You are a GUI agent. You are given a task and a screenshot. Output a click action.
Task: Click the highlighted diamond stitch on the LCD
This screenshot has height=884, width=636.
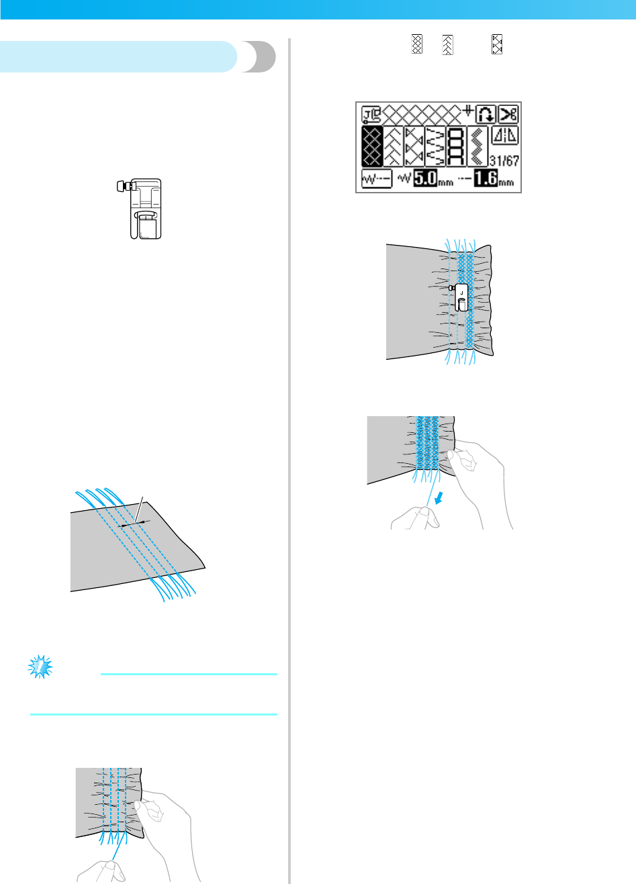(372, 146)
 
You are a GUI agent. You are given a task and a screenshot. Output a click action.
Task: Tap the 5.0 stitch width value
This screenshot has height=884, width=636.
(424, 179)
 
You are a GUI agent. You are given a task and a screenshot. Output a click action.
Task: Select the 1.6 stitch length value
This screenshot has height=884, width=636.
(485, 179)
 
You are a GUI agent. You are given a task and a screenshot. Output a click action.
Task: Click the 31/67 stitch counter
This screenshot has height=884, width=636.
(504, 161)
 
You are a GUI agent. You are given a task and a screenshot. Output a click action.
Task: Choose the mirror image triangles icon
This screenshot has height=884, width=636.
(505, 136)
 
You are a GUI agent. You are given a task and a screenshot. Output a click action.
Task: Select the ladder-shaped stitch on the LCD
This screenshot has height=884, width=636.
(457, 146)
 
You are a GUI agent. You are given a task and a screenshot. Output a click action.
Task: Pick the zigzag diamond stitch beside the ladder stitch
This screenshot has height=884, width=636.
(478, 146)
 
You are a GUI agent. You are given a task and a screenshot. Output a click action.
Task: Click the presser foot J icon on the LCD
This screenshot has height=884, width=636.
(371, 114)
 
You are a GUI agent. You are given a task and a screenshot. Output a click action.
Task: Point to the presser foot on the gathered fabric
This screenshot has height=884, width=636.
(461, 297)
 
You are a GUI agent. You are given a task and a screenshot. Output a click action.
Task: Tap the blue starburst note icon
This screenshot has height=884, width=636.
(40, 667)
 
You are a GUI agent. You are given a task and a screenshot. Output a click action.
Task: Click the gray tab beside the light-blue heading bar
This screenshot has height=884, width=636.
(258, 57)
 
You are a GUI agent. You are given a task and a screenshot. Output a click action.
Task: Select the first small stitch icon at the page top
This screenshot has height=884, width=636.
(416, 45)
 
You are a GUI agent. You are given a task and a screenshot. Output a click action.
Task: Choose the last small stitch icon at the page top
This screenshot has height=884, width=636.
(497, 45)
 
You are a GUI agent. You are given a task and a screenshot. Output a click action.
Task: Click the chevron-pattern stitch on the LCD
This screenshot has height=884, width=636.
(394, 146)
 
